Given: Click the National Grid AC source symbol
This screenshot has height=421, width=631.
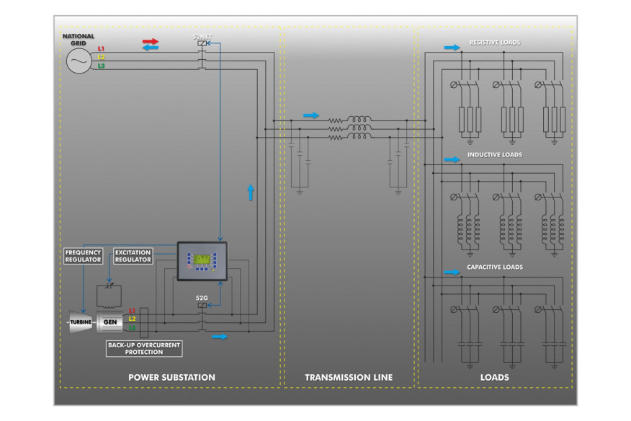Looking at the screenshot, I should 77,62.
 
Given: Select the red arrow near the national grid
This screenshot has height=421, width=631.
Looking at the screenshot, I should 150,41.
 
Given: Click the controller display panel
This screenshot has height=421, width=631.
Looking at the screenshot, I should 201,260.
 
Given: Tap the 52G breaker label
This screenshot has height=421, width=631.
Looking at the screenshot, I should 202,297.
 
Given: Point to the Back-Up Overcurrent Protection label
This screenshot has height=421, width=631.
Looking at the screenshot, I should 143,349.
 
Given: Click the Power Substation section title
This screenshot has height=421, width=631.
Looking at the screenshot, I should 171,377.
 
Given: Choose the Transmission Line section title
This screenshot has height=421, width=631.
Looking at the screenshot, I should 349,377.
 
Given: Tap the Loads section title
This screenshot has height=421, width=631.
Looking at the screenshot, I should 494,377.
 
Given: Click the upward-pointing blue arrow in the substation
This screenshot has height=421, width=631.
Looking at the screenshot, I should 251,192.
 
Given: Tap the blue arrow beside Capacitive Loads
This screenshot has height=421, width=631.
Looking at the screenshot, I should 452,272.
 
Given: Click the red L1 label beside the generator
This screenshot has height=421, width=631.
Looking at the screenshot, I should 132,310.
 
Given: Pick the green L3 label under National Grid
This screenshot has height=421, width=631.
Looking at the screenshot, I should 101,66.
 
